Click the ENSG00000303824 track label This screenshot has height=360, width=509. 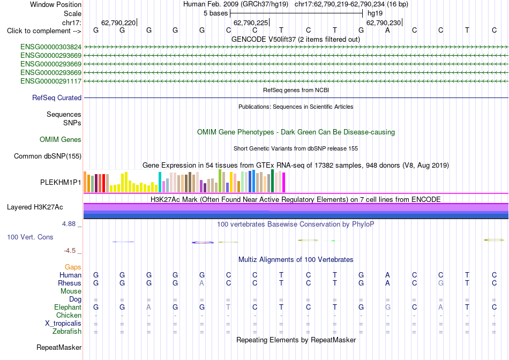51,47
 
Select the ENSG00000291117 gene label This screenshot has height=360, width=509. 51,81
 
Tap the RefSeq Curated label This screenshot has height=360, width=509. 57,97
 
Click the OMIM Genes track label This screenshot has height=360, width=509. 61,140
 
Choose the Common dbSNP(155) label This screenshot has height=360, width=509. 48,156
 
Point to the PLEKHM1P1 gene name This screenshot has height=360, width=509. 61,183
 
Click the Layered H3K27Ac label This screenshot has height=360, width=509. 35,207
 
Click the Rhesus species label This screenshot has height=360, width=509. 70,283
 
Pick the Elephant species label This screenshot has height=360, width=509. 68,307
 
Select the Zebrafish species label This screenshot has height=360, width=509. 67,332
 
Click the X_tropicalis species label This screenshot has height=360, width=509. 63,324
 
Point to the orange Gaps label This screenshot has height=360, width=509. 73,267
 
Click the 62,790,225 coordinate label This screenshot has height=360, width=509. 251,22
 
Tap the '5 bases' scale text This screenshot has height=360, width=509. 216,13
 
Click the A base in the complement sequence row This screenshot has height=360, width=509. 387,30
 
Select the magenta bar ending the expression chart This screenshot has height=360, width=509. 284,183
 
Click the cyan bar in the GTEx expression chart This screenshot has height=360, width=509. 160,182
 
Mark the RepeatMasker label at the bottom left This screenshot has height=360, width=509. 59,347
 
